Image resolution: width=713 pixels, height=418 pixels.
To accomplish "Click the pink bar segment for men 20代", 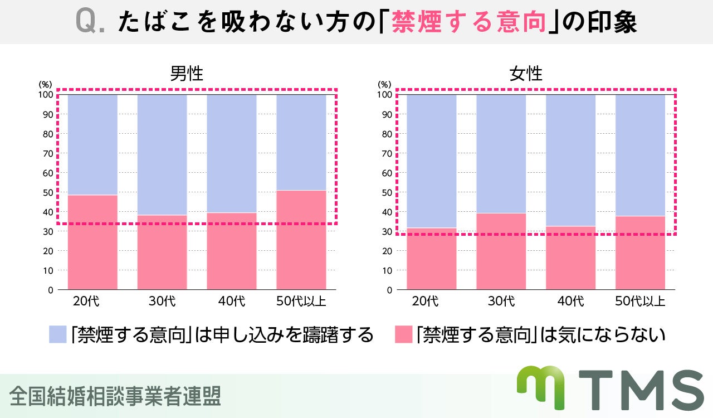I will [x=92, y=242].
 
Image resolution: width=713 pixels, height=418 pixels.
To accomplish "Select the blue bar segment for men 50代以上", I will [x=301, y=142].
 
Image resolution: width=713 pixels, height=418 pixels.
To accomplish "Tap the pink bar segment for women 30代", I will [x=501, y=251].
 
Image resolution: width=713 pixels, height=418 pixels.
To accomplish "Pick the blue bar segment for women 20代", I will [x=431, y=161].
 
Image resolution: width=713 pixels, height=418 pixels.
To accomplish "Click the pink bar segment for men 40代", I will [x=232, y=251].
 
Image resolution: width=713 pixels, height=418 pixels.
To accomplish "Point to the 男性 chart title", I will [x=187, y=74].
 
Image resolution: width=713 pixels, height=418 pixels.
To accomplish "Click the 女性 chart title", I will [x=526, y=74].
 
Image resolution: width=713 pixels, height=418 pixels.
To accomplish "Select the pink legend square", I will [x=403, y=334].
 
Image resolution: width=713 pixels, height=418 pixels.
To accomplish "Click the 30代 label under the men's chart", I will [x=162, y=302].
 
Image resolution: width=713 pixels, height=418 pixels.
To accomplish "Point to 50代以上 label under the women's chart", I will [x=640, y=302].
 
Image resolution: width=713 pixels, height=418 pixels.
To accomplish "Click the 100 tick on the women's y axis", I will [x=384, y=95].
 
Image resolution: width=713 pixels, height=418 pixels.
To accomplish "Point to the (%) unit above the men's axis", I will [x=45, y=84].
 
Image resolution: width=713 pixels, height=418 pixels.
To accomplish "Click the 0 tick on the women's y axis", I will [x=388, y=290].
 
